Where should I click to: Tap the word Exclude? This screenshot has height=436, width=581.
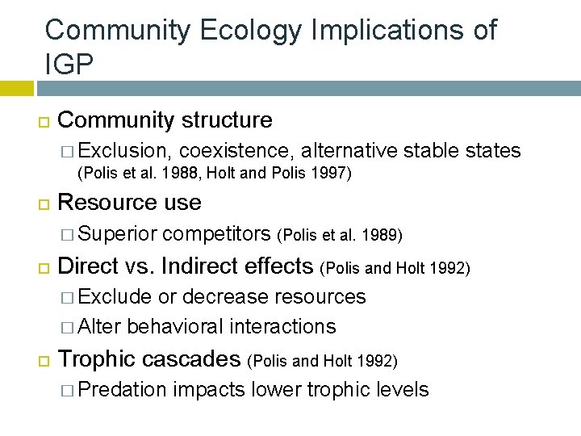pos(116,296)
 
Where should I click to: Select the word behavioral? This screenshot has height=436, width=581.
pos(176,326)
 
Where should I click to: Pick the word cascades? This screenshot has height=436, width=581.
pos(190,358)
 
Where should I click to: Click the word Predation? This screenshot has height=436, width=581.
pos(123,390)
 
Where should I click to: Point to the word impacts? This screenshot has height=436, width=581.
pos(209,390)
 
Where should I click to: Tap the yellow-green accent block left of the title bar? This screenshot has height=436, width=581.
pos(16,87)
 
